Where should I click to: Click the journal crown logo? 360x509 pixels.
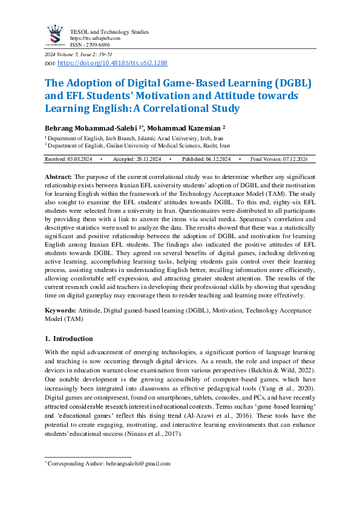pos(55,34)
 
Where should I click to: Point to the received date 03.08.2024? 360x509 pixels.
pos(79,158)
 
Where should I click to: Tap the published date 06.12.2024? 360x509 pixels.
pos(215,158)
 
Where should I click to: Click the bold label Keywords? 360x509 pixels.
pos(60,310)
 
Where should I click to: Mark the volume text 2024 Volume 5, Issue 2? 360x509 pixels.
pos(70,55)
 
